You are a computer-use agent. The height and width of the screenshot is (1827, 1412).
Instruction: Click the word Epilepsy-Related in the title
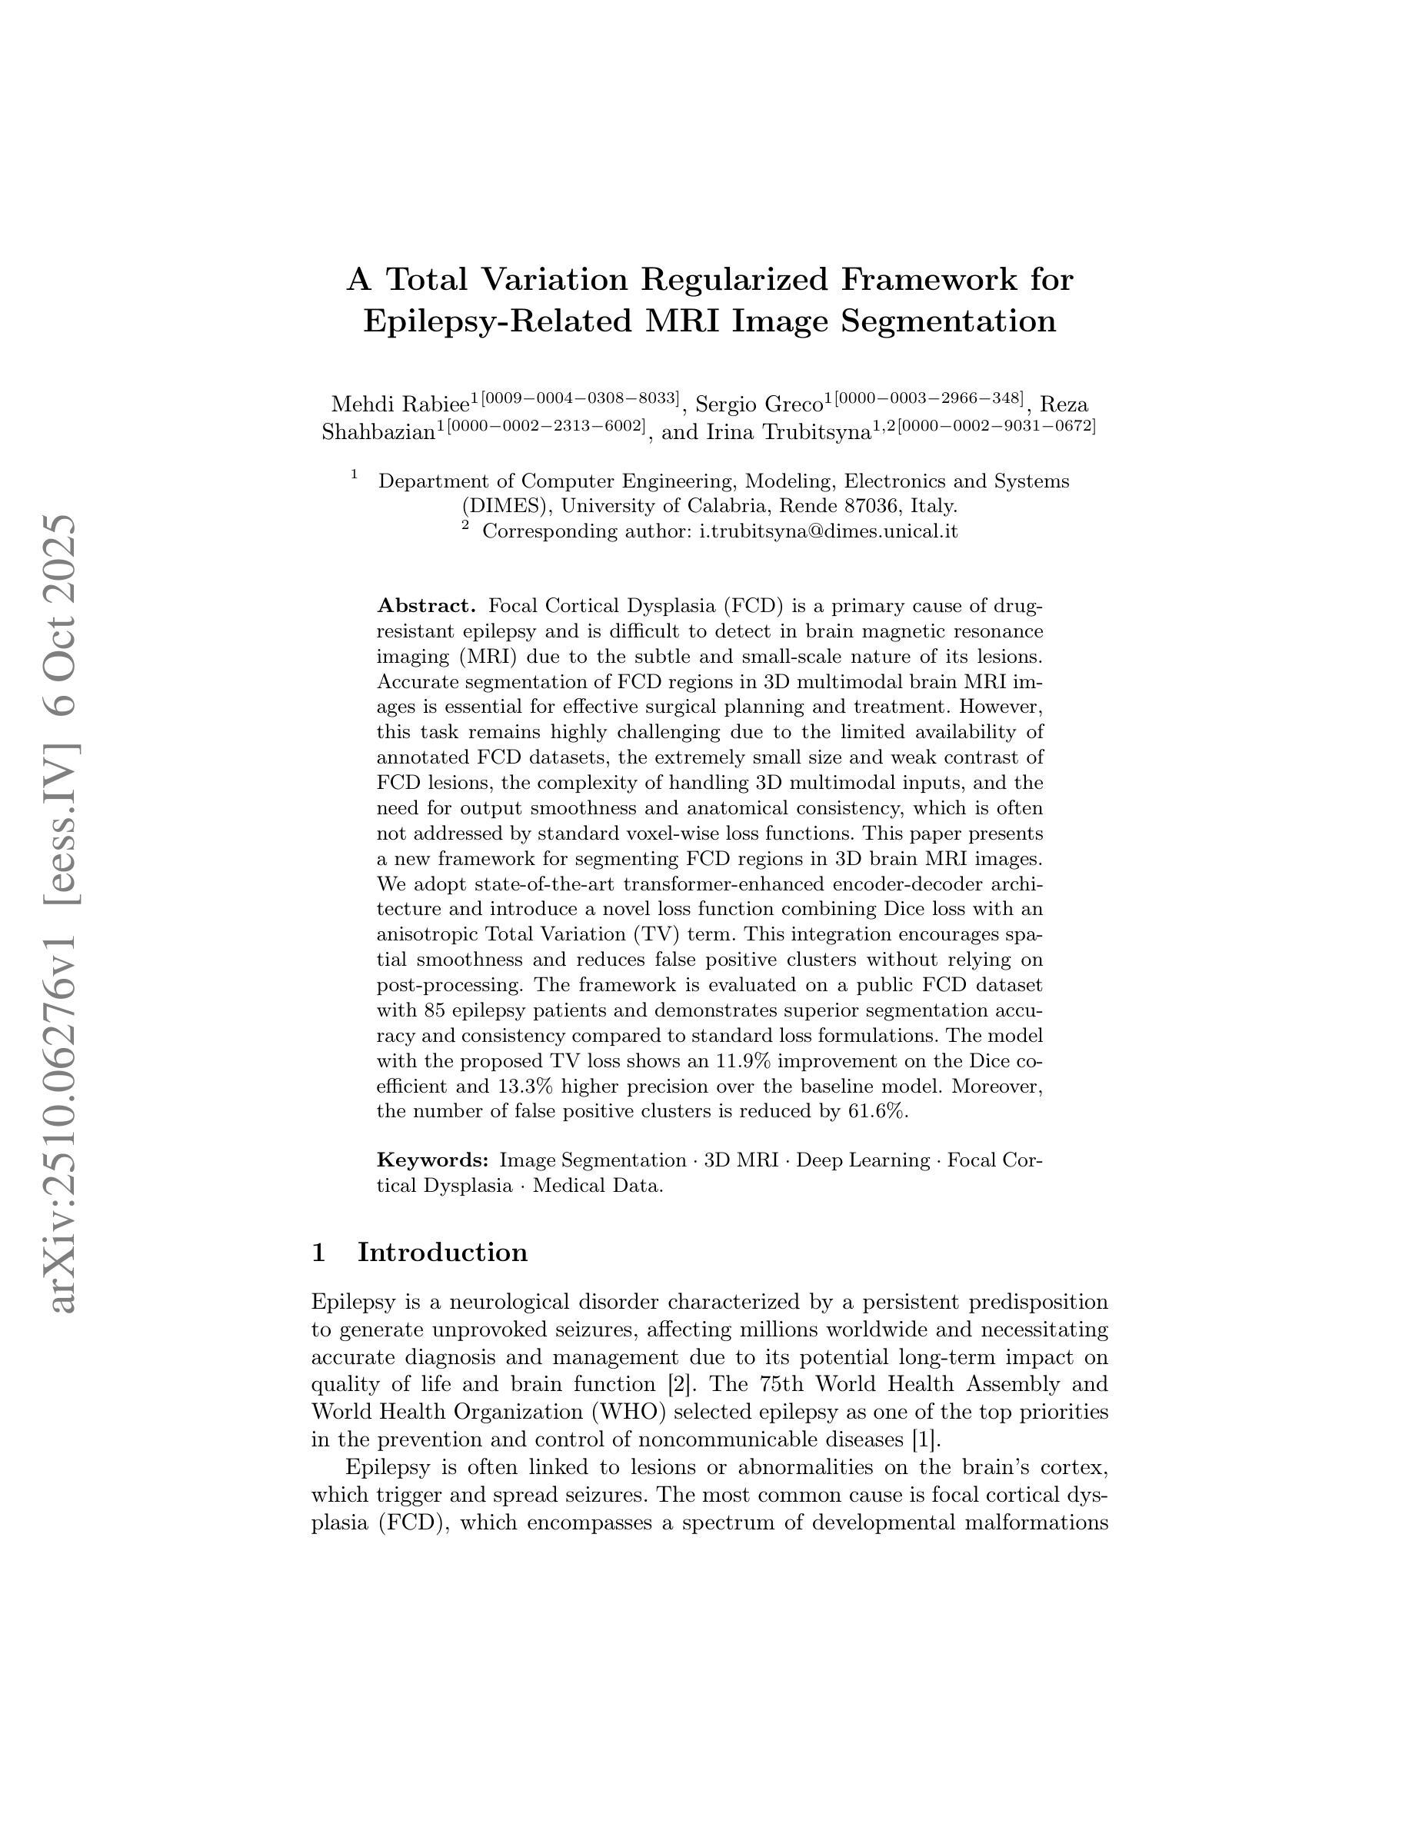[497, 321]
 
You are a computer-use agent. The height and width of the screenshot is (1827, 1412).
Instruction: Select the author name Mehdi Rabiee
[400, 405]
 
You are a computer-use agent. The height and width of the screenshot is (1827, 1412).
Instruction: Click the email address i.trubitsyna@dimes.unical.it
[828, 531]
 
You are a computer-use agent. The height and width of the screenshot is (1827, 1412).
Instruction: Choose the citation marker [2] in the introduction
[681, 1383]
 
